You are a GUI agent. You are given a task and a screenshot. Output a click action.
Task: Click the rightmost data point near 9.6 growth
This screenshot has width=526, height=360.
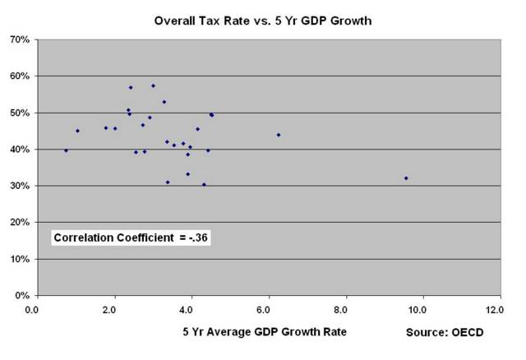point(406,178)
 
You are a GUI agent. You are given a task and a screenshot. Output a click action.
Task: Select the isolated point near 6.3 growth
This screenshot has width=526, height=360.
point(279,135)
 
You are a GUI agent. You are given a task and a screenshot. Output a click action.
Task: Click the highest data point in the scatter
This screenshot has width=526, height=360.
point(153,85)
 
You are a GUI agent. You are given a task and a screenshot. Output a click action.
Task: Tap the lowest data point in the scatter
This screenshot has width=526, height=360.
point(204,185)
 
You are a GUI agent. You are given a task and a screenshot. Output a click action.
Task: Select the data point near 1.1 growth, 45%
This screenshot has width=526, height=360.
point(77,131)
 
